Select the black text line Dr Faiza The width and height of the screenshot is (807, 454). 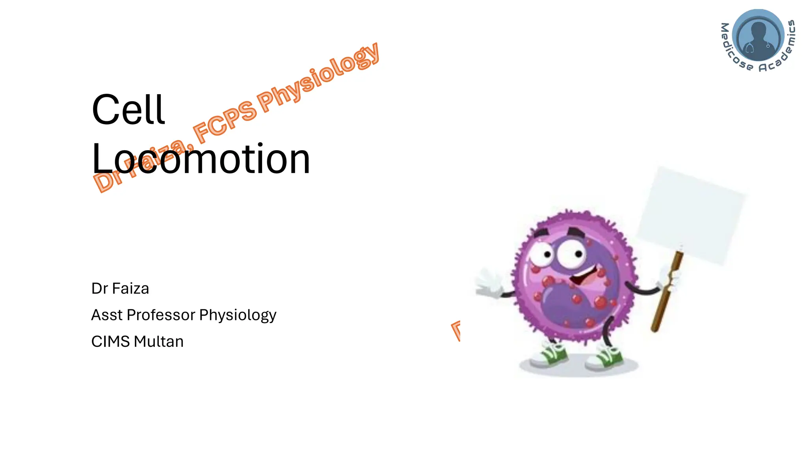pos(120,288)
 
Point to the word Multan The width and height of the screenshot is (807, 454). pos(159,341)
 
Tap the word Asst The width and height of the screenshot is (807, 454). pos(107,315)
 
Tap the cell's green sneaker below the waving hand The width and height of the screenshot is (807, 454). pos(550,355)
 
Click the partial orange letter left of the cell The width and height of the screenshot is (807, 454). pos(456,330)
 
